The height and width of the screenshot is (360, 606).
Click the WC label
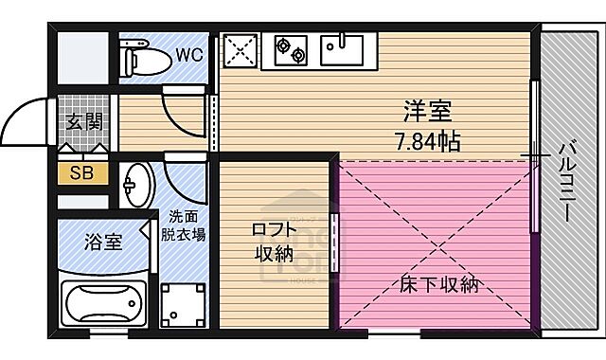click(x=187, y=55)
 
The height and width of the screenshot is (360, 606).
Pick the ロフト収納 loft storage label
click(x=272, y=242)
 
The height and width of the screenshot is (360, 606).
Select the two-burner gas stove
click(x=290, y=48)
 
